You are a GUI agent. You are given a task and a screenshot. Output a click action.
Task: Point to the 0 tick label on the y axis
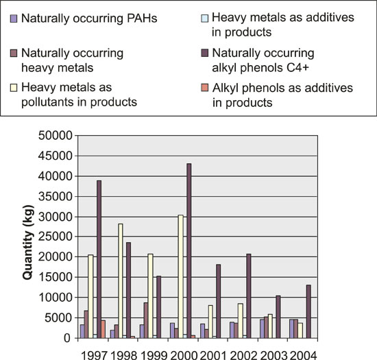coord(69,338)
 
